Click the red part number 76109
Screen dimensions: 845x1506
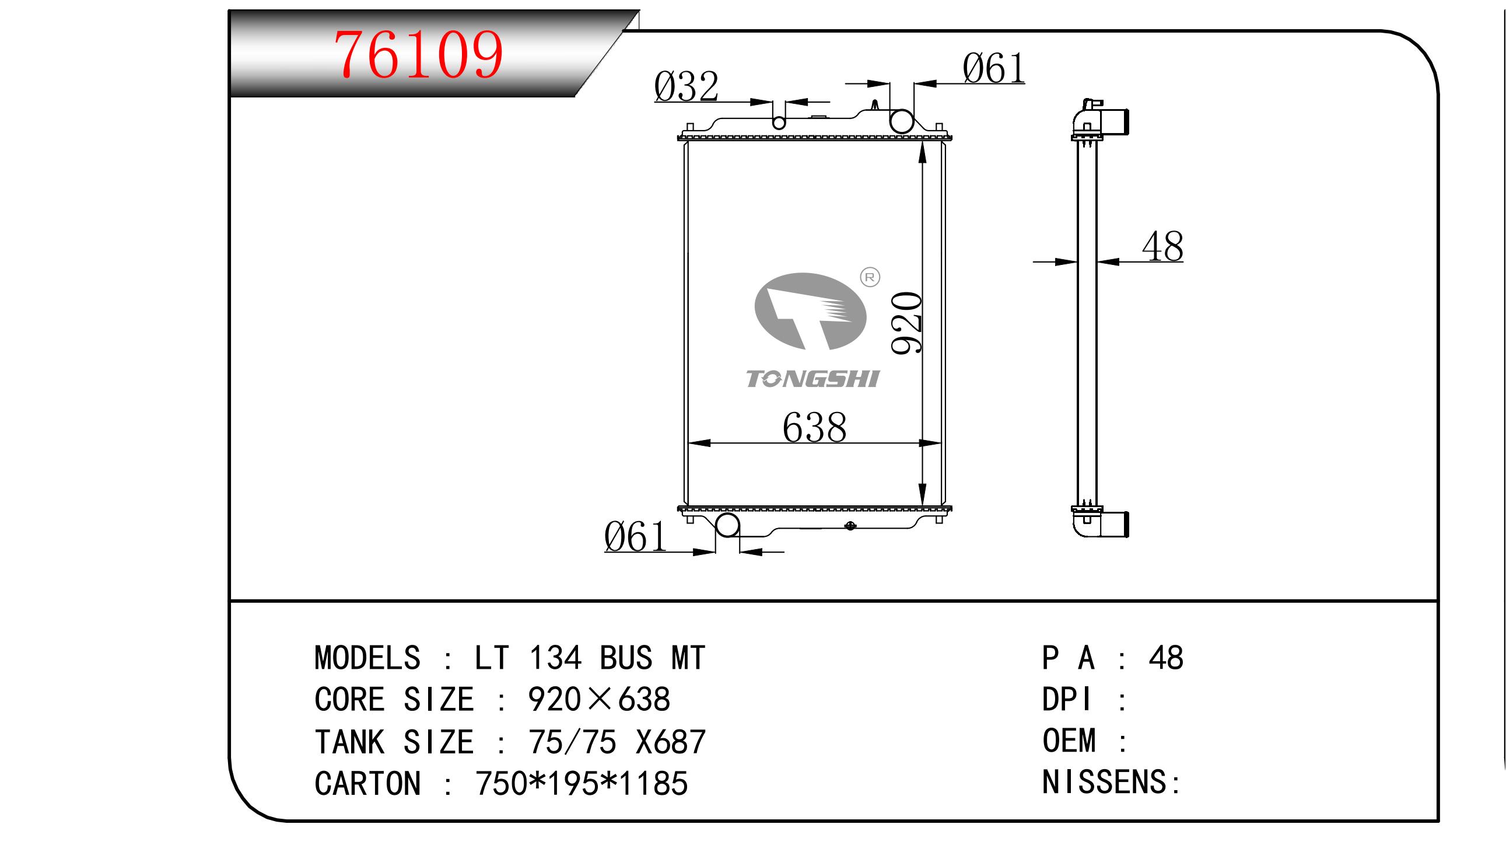pos(418,55)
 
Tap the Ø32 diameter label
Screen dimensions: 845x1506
pos(686,88)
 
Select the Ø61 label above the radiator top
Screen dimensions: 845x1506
pos(993,69)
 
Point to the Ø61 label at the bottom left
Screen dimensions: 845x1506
pos(635,537)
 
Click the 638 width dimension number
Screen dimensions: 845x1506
pos(814,428)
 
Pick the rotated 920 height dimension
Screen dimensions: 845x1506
pos(907,323)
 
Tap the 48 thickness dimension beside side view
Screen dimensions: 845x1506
pos(1162,247)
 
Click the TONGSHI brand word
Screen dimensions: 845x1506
pos(812,379)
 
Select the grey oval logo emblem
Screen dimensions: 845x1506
pos(810,312)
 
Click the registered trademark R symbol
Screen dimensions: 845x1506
pos(870,277)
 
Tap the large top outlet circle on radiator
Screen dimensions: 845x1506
pos(901,121)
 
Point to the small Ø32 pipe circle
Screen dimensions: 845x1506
pos(779,123)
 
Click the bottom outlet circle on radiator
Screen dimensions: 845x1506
pos(727,525)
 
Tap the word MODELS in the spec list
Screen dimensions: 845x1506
pos(367,658)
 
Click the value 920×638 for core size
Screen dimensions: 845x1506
pos(598,699)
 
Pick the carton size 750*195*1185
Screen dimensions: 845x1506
pos(581,784)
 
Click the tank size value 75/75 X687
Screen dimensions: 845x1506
pos(616,742)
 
